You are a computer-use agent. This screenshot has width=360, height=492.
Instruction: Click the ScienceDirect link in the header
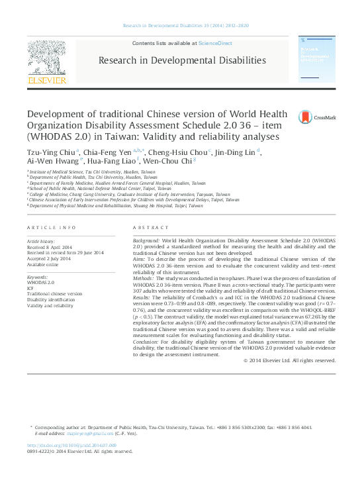[216, 42]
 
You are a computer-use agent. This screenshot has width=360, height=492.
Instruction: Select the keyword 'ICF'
[30, 288]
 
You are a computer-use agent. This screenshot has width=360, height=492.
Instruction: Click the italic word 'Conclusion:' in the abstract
[146, 342]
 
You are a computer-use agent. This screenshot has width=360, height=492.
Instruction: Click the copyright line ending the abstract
[289, 360]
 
